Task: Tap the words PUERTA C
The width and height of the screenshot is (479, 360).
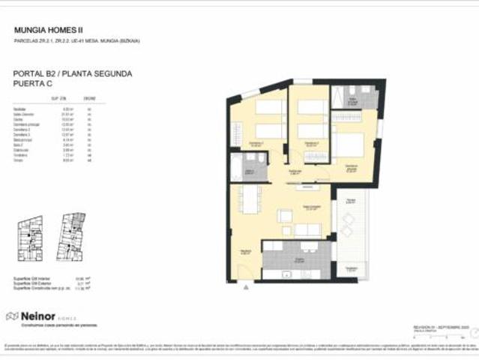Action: [34, 85]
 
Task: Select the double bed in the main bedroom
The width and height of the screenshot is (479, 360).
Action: [349, 144]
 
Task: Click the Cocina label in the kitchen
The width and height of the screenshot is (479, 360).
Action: [299, 260]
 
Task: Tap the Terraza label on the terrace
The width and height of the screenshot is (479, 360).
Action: [350, 201]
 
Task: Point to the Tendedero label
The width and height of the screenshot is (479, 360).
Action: [350, 268]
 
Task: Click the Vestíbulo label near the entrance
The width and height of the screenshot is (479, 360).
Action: [244, 252]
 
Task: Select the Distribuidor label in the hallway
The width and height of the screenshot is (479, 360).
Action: [295, 172]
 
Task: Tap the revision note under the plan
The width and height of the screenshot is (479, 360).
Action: [442, 328]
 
